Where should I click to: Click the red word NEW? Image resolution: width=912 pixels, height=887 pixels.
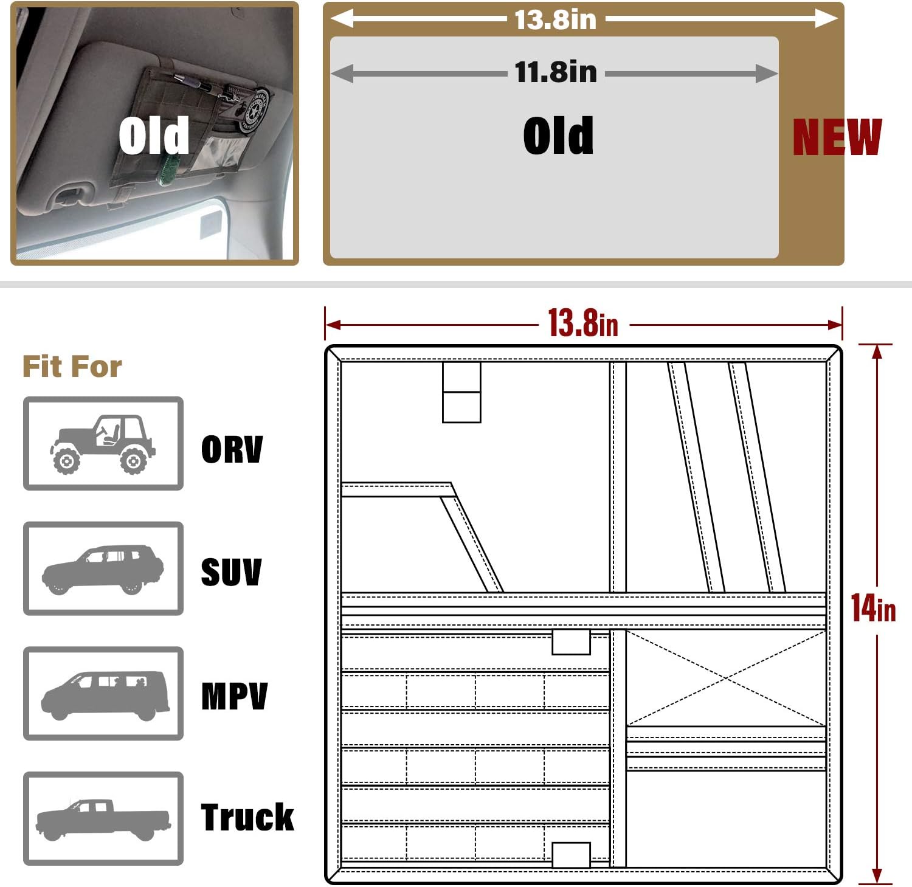click(837, 137)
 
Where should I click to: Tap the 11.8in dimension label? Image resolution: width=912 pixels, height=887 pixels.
click(556, 72)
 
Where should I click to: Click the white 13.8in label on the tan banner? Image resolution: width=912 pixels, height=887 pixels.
click(556, 19)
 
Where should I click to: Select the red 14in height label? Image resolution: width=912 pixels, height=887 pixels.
click(873, 607)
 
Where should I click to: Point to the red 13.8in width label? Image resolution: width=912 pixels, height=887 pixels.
click(583, 323)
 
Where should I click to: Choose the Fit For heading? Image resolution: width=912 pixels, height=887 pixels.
click(72, 367)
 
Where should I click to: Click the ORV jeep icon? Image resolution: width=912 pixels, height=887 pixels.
click(103, 444)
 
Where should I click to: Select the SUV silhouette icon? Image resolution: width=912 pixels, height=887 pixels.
click(103, 569)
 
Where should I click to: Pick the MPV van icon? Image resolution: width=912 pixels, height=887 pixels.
click(105, 695)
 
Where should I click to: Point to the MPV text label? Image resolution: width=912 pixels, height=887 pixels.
click(235, 696)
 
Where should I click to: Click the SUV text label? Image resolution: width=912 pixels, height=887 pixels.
click(231, 572)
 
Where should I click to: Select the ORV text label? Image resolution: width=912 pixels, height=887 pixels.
click(232, 449)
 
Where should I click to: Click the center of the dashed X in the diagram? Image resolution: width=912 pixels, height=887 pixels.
click(726, 678)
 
